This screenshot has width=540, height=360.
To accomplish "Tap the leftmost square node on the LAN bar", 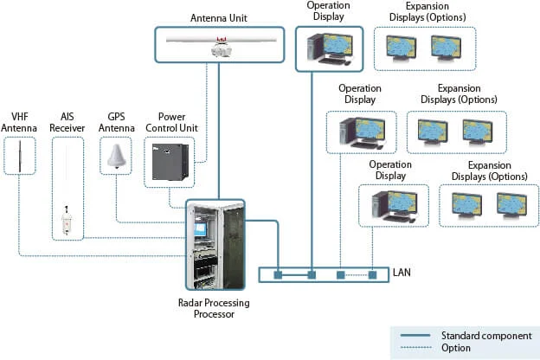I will pyautogui.click(x=280, y=275).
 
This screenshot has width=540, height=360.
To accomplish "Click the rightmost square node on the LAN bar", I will pyautogui.click(x=373, y=275).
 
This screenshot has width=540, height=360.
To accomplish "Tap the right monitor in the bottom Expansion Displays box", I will pyautogui.click(x=511, y=204).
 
